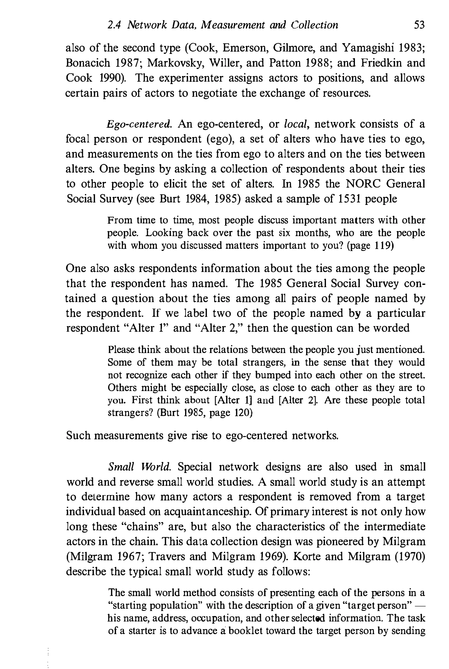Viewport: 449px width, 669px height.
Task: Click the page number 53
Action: pos(419,25)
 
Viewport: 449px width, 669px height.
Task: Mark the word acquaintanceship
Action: pos(206,512)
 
